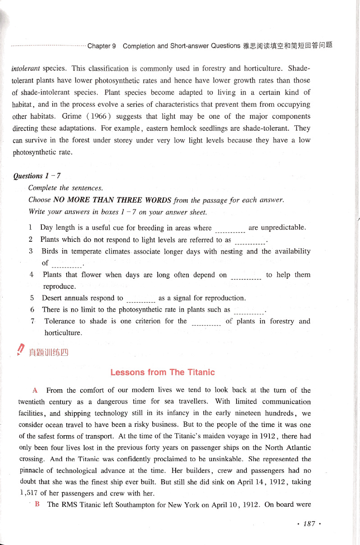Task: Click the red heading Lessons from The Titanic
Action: [x=163, y=372]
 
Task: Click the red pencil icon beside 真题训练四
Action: [x=20, y=350]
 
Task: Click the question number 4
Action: [x=32, y=274]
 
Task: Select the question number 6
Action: [x=32, y=309]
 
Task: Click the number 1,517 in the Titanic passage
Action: [x=28, y=493]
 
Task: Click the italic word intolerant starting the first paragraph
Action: [x=26, y=69]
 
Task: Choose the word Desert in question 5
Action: [x=52, y=298]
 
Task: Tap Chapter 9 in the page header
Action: [x=102, y=46]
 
